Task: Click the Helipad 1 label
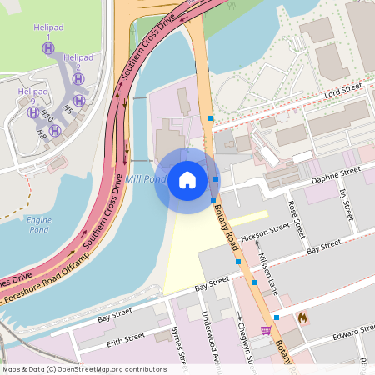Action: (48, 32)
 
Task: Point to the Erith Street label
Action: (125, 339)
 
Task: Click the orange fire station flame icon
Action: (302, 317)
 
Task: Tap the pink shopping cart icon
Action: (266, 331)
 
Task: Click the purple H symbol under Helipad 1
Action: (48, 49)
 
